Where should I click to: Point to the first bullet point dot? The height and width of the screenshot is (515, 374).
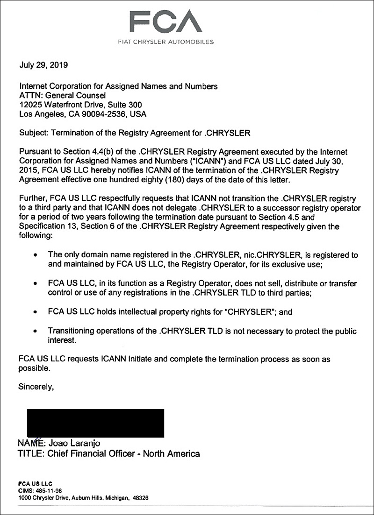[x=36, y=256]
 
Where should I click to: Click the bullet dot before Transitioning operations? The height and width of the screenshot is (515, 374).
[x=36, y=332]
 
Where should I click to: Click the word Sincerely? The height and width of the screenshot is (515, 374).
[x=36, y=387]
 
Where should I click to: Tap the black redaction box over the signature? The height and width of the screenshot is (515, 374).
[x=95, y=423]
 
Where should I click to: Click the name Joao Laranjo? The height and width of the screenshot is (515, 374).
[x=74, y=443]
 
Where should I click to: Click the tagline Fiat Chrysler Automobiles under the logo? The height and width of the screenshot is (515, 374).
[x=166, y=42]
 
